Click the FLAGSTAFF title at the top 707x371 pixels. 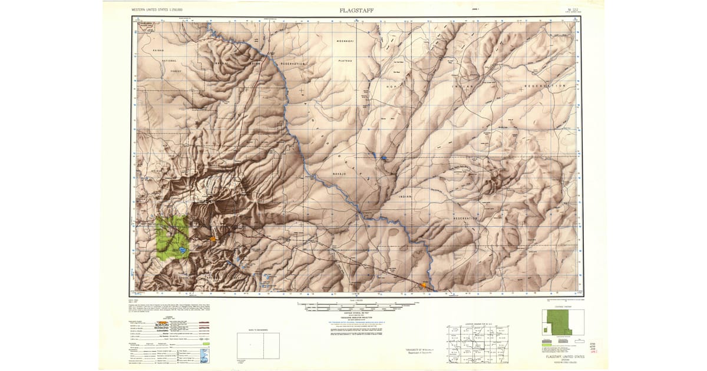[x=356, y=10]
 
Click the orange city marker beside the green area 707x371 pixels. [x=213, y=238]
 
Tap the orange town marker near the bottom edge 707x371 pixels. [x=422, y=285]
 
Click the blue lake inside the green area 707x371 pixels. [x=183, y=250]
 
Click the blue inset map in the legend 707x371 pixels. [x=204, y=356]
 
